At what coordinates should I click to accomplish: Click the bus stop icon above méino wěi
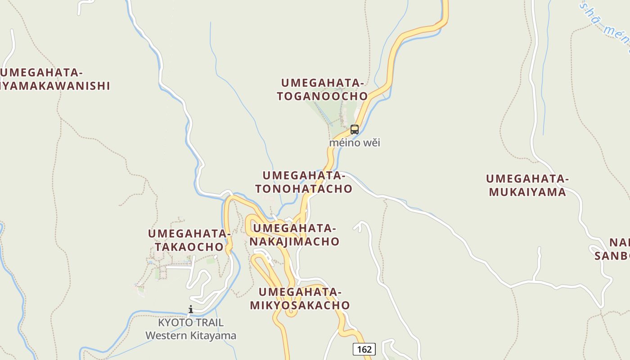coord(355,130)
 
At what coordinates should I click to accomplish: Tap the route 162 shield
coord(364,349)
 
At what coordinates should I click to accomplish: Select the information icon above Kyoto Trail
coord(191,309)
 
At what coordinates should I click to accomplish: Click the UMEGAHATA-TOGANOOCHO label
coord(322,90)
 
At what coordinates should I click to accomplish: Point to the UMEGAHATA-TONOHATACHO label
coord(304,182)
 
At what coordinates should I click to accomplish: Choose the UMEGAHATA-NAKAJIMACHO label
coord(295,235)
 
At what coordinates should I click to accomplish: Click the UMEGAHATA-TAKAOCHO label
coord(189,240)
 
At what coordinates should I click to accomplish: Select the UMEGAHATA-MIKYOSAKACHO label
coord(300,299)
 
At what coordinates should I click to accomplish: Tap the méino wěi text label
coord(355,143)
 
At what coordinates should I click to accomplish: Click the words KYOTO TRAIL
coord(191,323)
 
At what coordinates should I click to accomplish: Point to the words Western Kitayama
coord(191,336)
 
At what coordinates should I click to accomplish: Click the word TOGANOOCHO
coord(322,96)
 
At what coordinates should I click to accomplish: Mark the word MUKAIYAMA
coord(527,192)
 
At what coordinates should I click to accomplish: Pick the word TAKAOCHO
coord(189,247)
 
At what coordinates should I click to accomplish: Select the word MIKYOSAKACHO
coord(300,305)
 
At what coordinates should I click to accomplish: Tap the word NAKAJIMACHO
coord(295,242)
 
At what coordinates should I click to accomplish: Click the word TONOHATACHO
coord(304,189)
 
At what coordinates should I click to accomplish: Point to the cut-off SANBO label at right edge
coord(612,256)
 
